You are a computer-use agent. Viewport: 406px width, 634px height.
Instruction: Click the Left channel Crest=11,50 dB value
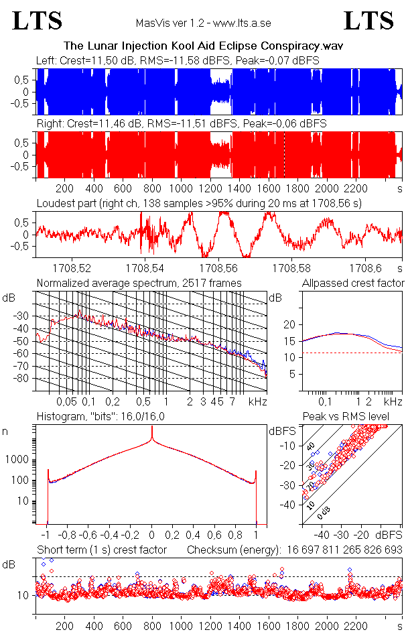(x=100, y=61)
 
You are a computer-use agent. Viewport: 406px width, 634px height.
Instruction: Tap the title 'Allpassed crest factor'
(x=353, y=283)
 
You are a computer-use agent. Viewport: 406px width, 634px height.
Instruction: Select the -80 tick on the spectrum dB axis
(x=26, y=379)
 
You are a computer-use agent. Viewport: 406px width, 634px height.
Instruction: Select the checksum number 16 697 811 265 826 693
(x=343, y=550)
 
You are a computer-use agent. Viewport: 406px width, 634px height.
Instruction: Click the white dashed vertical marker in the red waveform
(x=284, y=154)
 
